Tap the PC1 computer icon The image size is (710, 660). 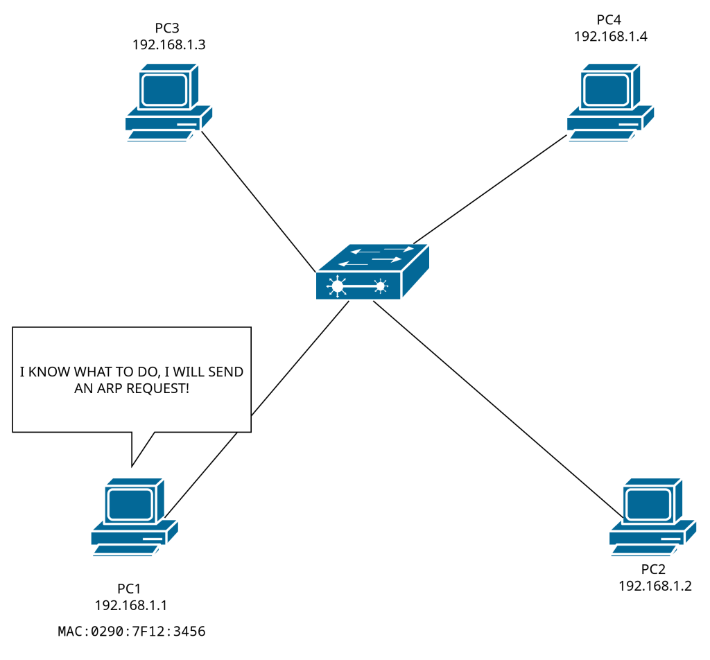click(134, 516)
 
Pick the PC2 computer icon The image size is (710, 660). click(652, 516)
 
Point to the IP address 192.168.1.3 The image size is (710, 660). click(169, 44)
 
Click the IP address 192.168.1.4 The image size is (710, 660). click(611, 37)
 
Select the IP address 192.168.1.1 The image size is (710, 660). click(131, 605)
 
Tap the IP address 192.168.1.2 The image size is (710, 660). click(655, 586)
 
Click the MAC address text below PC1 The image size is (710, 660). click(132, 632)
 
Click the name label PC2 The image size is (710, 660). click(653, 569)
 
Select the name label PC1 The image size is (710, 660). click(130, 589)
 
